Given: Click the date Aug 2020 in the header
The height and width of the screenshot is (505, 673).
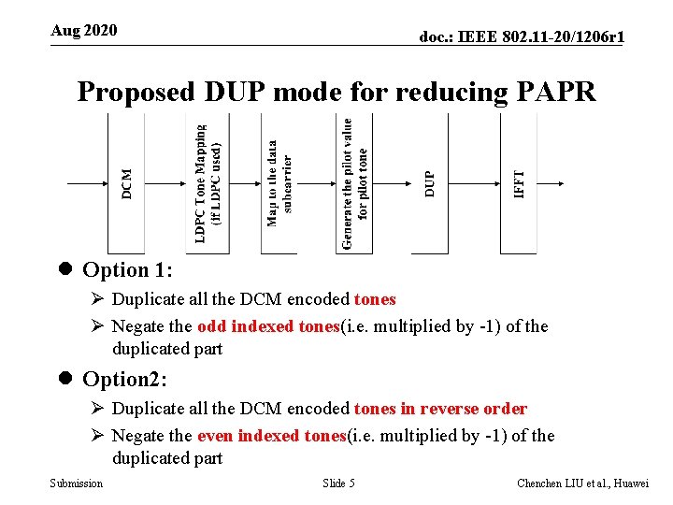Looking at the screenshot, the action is [84, 31].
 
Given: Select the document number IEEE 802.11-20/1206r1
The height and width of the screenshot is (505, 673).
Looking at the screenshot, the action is [522, 36].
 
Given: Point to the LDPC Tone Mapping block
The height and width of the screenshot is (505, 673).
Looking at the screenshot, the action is [207, 182].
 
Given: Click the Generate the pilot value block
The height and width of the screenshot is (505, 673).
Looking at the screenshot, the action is [354, 182].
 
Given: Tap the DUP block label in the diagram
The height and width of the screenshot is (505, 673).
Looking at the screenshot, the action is [430, 182].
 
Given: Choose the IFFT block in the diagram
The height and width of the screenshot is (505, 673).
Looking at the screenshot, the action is [520, 182].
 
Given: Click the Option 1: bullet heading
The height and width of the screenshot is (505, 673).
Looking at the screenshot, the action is [126, 270].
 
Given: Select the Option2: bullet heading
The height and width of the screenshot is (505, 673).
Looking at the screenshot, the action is [124, 380].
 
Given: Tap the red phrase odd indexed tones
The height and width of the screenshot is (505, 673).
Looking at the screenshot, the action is [267, 326].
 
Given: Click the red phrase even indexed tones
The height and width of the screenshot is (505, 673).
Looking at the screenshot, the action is [271, 436].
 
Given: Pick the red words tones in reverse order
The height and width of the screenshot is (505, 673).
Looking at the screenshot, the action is [440, 409].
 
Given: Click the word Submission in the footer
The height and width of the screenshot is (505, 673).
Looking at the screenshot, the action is [77, 483].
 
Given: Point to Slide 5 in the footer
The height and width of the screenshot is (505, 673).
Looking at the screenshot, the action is [338, 483].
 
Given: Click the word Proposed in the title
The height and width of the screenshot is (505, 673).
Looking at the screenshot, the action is [136, 92].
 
